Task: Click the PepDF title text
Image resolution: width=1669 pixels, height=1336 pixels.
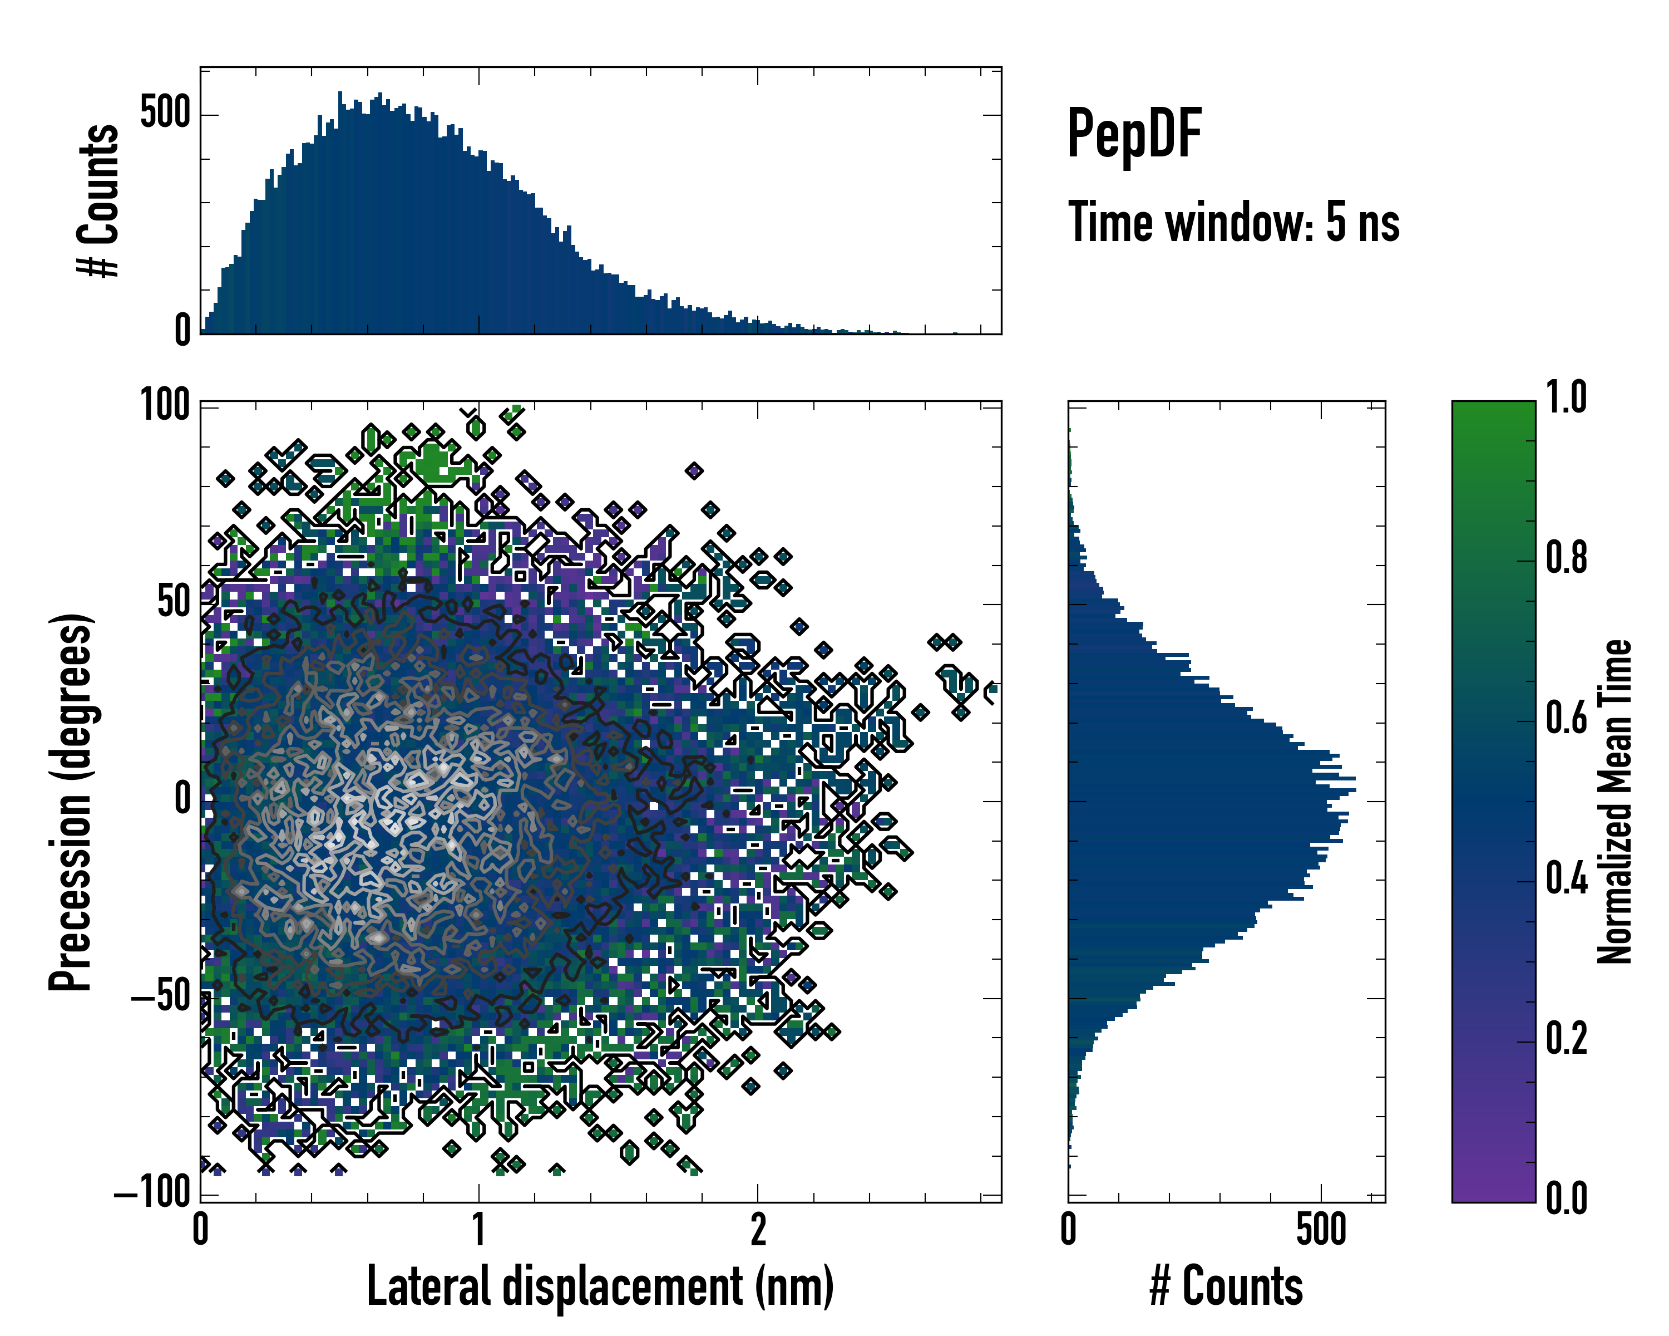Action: click(x=1133, y=135)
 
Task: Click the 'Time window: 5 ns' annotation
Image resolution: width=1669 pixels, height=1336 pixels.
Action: click(x=1233, y=222)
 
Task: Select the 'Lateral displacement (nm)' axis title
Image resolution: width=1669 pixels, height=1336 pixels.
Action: click(x=600, y=1286)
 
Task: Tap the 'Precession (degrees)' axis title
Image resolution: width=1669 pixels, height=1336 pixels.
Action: click(x=71, y=802)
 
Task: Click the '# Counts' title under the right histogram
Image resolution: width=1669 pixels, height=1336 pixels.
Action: click(x=1226, y=1286)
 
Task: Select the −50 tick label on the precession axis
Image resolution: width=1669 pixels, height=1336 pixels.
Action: click(x=161, y=997)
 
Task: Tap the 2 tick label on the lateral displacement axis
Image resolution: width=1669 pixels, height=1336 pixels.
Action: click(x=758, y=1229)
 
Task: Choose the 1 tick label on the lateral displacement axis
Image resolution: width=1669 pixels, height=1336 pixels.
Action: click(x=479, y=1229)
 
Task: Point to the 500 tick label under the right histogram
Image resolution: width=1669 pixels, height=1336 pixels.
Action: click(x=1321, y=1229)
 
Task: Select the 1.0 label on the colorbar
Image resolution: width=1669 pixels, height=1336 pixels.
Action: click(x=1566, y=397)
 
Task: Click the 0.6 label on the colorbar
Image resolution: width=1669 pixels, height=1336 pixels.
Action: click(x=1566, y=718)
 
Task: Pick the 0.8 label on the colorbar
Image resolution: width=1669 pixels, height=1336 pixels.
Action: click(x=1566, y=558)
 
